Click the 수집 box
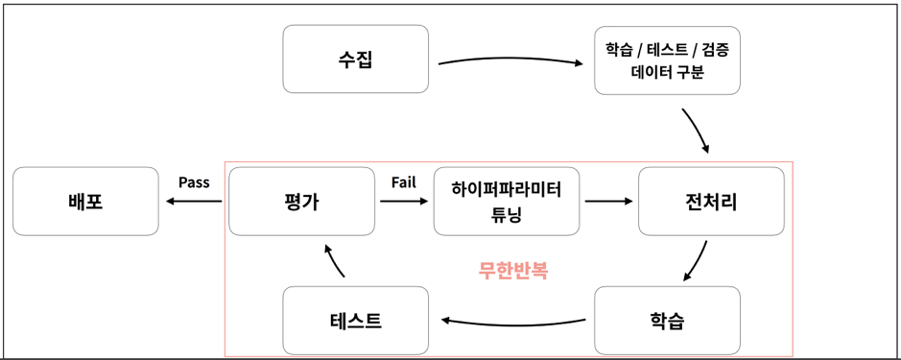tap(355, 60)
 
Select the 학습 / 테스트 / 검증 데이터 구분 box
tap(667, 60)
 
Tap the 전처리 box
tap(711, 202)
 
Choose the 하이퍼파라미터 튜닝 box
tap(506, 202)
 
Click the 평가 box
tap(301, 202)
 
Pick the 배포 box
tap(85, 202)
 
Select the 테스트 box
tap(355, 320)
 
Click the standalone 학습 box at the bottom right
tap(667, 320)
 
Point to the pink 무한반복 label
tap(513, 271)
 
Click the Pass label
tap(194, 182)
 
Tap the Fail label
tap(404, 182)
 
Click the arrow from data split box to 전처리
tap(697, 131)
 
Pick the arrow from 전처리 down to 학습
tap(698, 260)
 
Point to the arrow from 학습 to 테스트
tap(512, 322)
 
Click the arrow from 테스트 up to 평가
tap(334, 260)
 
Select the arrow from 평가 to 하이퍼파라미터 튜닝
tap(404, 203)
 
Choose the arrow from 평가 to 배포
tap(194, 202)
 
